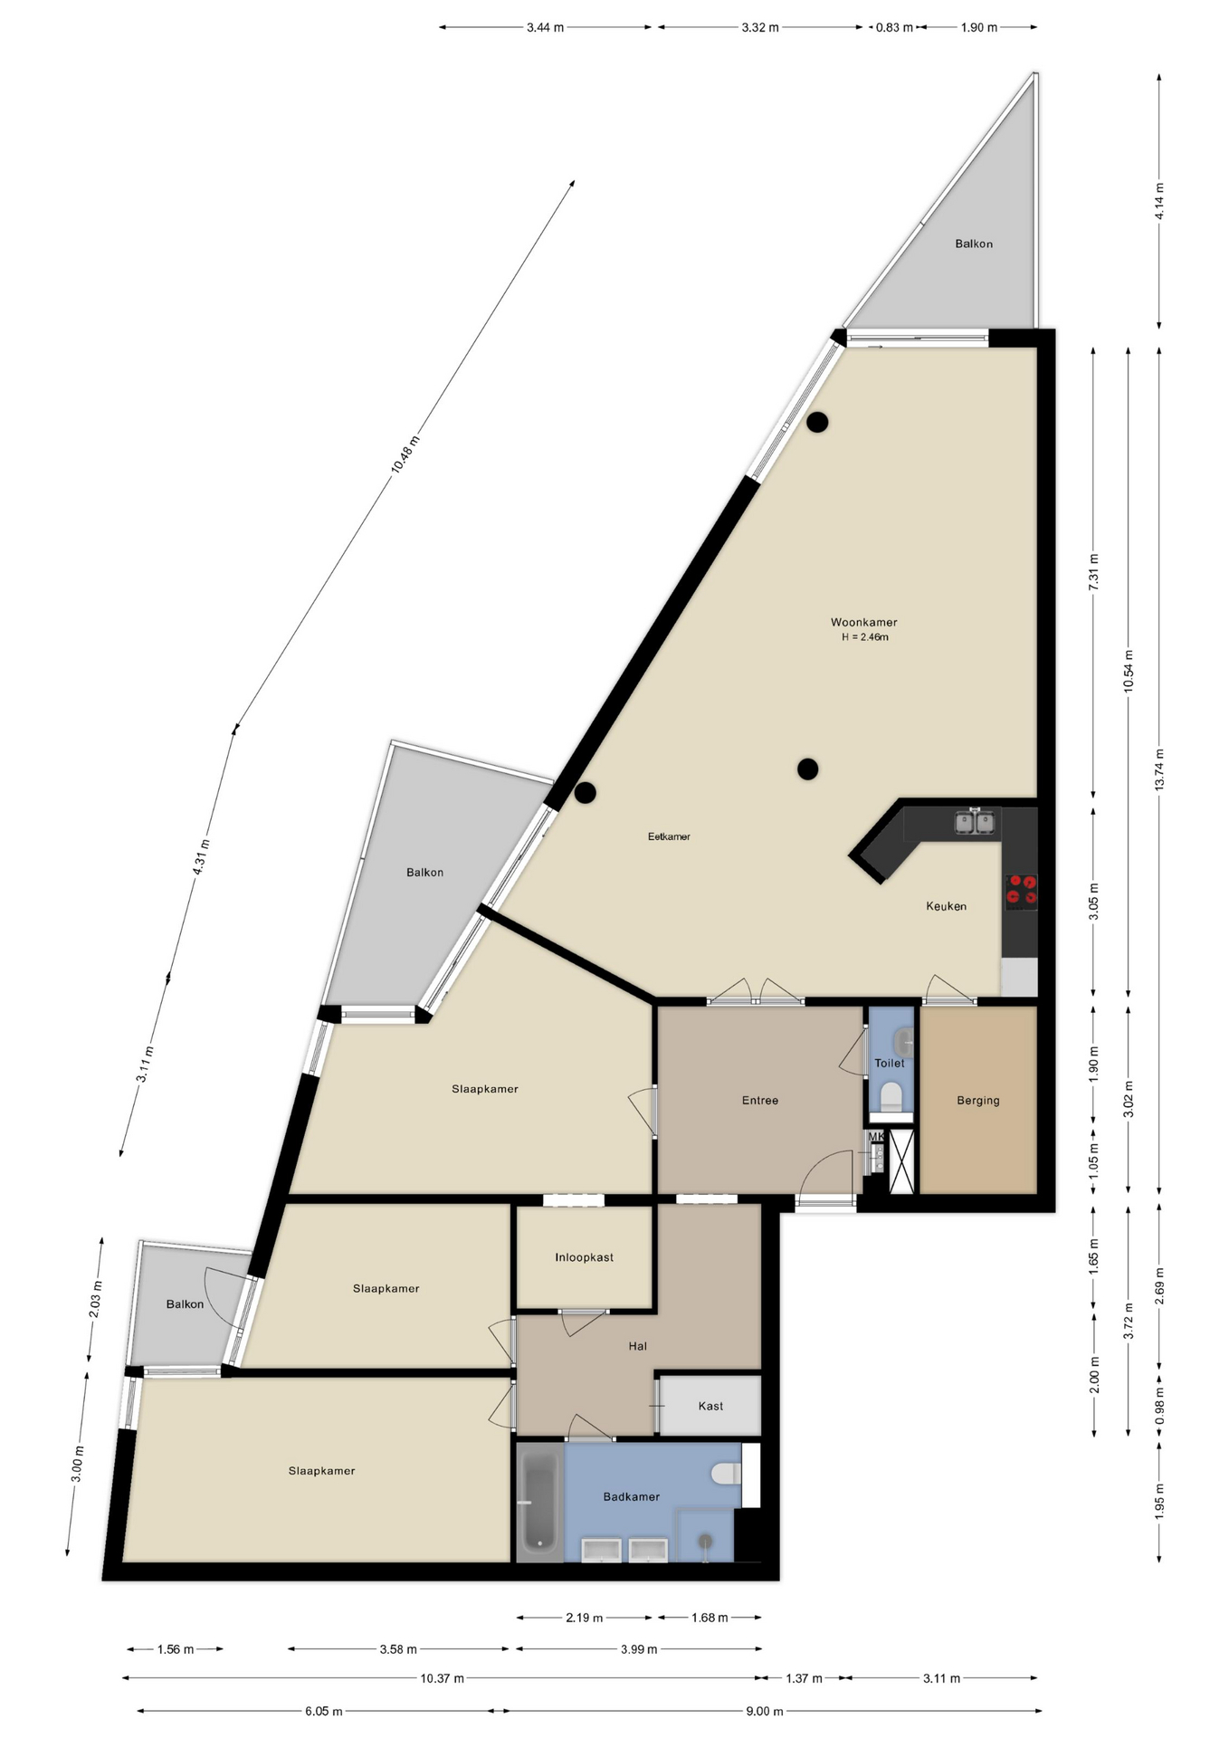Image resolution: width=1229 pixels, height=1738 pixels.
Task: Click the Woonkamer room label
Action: click(863, 622)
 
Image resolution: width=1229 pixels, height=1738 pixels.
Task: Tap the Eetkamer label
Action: click(669, 836)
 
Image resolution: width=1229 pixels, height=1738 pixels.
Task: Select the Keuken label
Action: click(946, 906)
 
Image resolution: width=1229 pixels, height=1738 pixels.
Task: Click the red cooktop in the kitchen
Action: click(1021, 892)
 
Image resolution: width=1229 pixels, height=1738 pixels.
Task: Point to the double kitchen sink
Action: click(976, 822)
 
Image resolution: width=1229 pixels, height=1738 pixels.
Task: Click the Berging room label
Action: click(978, 1101)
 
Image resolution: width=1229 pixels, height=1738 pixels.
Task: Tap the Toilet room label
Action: click(890, 1064)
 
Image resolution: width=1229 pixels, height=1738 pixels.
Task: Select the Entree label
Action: click(760, 1101)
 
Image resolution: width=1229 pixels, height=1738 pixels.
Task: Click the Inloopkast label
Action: click(585, 1257)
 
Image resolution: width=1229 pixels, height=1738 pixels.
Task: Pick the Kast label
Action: click(710, 1406)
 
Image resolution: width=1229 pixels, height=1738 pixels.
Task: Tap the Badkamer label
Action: click(632, 1496)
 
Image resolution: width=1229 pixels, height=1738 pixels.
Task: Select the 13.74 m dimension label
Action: click(1159, 769)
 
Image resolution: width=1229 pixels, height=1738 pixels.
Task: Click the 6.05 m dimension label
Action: click(323, 1711)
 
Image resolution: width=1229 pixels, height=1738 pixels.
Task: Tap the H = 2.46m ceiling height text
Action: click(865, 637)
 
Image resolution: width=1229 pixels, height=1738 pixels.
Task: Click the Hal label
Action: click(638, 1346)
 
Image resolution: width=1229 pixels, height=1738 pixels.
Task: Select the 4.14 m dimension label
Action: click(1159, 200)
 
